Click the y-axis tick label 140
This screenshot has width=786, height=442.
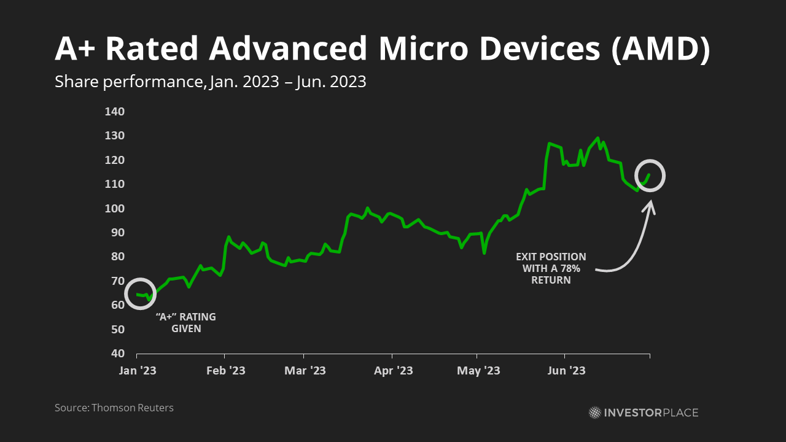click(115, 112)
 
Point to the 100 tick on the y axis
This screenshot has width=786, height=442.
click(115, 209)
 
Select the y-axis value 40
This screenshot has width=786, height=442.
click(117, 354)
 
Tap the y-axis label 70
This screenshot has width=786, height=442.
click(117, 281)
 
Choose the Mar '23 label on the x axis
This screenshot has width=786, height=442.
click(305, 371)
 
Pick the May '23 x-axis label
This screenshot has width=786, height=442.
click(479, 371)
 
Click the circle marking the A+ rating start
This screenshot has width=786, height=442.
click(141, 293)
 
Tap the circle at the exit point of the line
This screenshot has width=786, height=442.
click(650, 175)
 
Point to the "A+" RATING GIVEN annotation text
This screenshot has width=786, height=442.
click(186, 323)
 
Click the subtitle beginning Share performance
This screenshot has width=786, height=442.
click(210, 82)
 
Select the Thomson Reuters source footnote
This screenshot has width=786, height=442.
click(114, 408)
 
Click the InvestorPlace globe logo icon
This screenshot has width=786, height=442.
click(594, 413)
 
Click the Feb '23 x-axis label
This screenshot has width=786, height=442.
click(226, 371)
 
